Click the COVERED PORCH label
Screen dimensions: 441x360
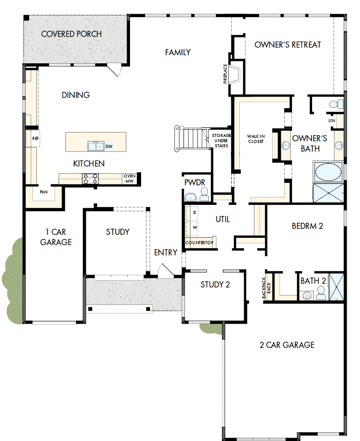(x=71, y=34)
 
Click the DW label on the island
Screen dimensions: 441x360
(x=109, y=146)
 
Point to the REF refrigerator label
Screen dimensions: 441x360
(x=35, y=139)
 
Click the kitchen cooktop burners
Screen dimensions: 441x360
(x=90, y=179)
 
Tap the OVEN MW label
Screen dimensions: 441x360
(x=130, y=178)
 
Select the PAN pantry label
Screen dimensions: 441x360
(x=44, y=192)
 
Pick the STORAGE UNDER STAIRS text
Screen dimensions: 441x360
(x=221, y=141)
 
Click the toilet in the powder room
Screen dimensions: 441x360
(x=204, y=196)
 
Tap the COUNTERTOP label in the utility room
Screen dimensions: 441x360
(x=199, y=243)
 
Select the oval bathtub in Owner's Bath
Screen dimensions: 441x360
(x=328, y=172)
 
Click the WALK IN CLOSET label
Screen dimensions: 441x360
(x=256, y=139)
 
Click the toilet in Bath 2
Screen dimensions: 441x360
(x=321, y=293)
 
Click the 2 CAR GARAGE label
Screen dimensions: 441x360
(x=287, y=345)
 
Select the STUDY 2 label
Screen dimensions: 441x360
(x=215, y=284)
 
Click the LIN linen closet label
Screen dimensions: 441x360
(x=332, y=121)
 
